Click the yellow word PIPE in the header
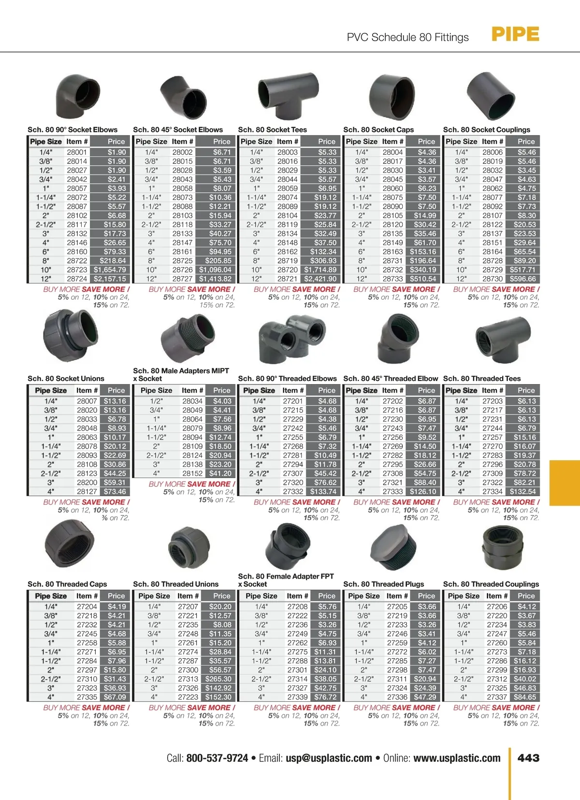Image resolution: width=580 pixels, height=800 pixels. pos(515,34)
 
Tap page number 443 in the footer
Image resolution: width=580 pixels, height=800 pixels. pos(528,758)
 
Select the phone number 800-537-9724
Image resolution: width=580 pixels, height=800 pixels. pos(217,758)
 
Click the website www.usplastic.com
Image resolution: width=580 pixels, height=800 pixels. pos(457,758)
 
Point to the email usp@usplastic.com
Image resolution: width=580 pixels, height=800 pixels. pos(329,758)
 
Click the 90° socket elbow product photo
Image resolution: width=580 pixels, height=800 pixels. pos(78,96)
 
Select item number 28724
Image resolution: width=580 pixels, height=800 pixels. pos(77,279)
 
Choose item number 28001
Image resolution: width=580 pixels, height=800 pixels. pos(77,152)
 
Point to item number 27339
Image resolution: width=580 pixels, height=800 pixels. pos(297,697)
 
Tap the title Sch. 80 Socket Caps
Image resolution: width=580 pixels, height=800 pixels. pos(378,130)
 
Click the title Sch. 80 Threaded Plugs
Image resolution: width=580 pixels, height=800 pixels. pos(383,584)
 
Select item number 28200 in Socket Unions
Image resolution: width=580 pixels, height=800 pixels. pos(87,482)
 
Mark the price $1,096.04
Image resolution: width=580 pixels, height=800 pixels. pos(215,270)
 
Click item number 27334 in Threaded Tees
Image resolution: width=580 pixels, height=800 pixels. pos(492,492)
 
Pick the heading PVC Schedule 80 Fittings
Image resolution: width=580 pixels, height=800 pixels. pos(407,37)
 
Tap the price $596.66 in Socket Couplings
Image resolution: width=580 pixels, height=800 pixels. pos(522,279)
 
